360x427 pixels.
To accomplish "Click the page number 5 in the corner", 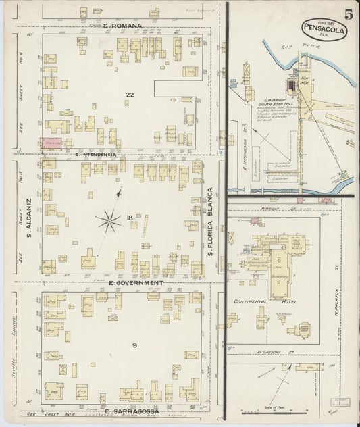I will pyautogui.click(x=347, y=14).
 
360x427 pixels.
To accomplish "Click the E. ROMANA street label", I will pyautogui.click(x=123, y=26).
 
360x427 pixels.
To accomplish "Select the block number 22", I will pyautogui.click(x=128, y=94).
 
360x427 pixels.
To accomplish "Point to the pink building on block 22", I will pyautogui.click(x=53, y=143).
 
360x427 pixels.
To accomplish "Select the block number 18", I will pyautogui.click(x=128, y=218).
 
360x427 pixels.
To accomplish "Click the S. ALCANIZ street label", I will pyautogui.click(x=30, y=218).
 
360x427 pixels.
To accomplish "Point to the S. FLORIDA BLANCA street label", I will pyautogui.click(x=210, y=220).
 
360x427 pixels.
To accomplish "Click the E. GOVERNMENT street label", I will pyautogui.click(x=135, y=282).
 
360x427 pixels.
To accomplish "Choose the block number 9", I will pyautogui.click(x=134, y=345).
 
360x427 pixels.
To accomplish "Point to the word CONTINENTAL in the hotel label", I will pyautogui.click(x=251, y=301).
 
